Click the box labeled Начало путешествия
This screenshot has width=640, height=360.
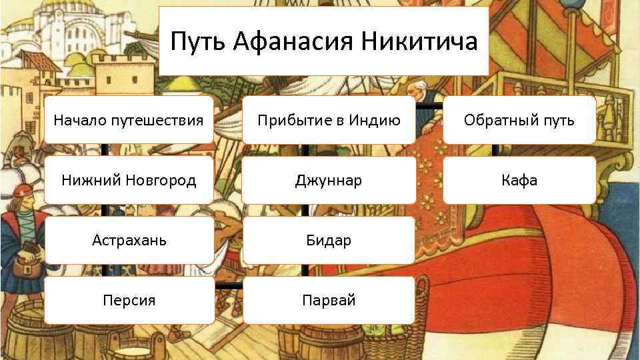click(129, 120)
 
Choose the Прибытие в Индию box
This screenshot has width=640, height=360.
click(329, 120)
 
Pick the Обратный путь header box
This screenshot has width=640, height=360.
click(519, 120)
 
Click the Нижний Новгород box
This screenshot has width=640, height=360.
click(129, 180)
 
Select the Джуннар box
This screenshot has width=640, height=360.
click(329, 180)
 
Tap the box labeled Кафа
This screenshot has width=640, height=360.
click(519, 180)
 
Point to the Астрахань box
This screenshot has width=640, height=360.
click(129, 240)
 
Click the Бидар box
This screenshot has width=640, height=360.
click(329, 240)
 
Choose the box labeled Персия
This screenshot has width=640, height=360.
click(129, 300)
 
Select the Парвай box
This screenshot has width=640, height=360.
click(329, 300)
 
